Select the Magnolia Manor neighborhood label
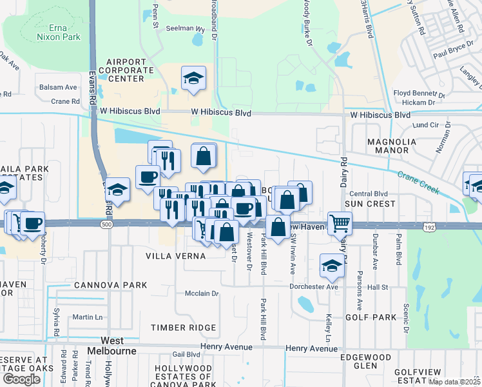pyautogui.click(x=388, y=146)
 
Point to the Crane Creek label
pyautogui.click(x=418, y=183)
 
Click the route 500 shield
pyautogui.click(x=106, y=224)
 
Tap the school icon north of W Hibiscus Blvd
pyautogui.click(x=193, y=79)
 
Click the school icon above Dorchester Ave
pyautogui.click(x=332, y=265)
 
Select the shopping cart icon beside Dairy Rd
pyautogui.click(x=340, y=224)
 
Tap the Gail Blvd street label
pyautogui.click(x=186, y=354)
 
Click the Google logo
pyautogui.click(x=21, y=379)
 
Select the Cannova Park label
pyautogui.click(x=110, y=285)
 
